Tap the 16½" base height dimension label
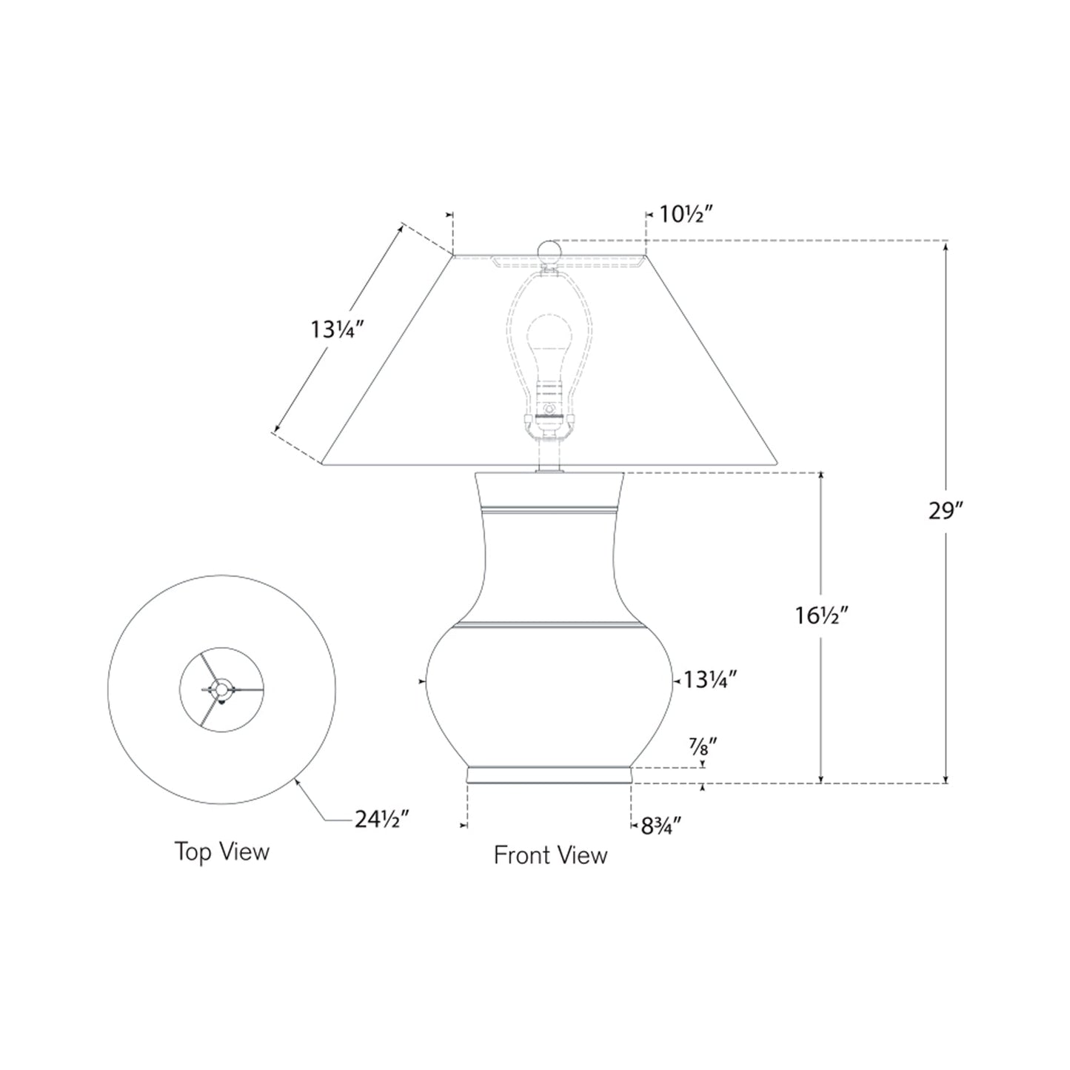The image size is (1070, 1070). (821, 615)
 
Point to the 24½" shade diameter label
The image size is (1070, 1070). (382, 820)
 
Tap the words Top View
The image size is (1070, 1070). (221, 852)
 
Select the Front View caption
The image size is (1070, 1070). (550, 855)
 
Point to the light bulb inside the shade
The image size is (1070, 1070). (549, 347)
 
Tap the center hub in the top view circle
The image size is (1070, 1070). (220, 689)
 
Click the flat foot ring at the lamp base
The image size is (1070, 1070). (549, 775)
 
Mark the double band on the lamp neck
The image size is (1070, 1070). (549, 510)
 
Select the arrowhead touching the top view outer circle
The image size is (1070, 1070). (298, 780)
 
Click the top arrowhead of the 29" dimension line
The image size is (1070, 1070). (946, 246)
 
